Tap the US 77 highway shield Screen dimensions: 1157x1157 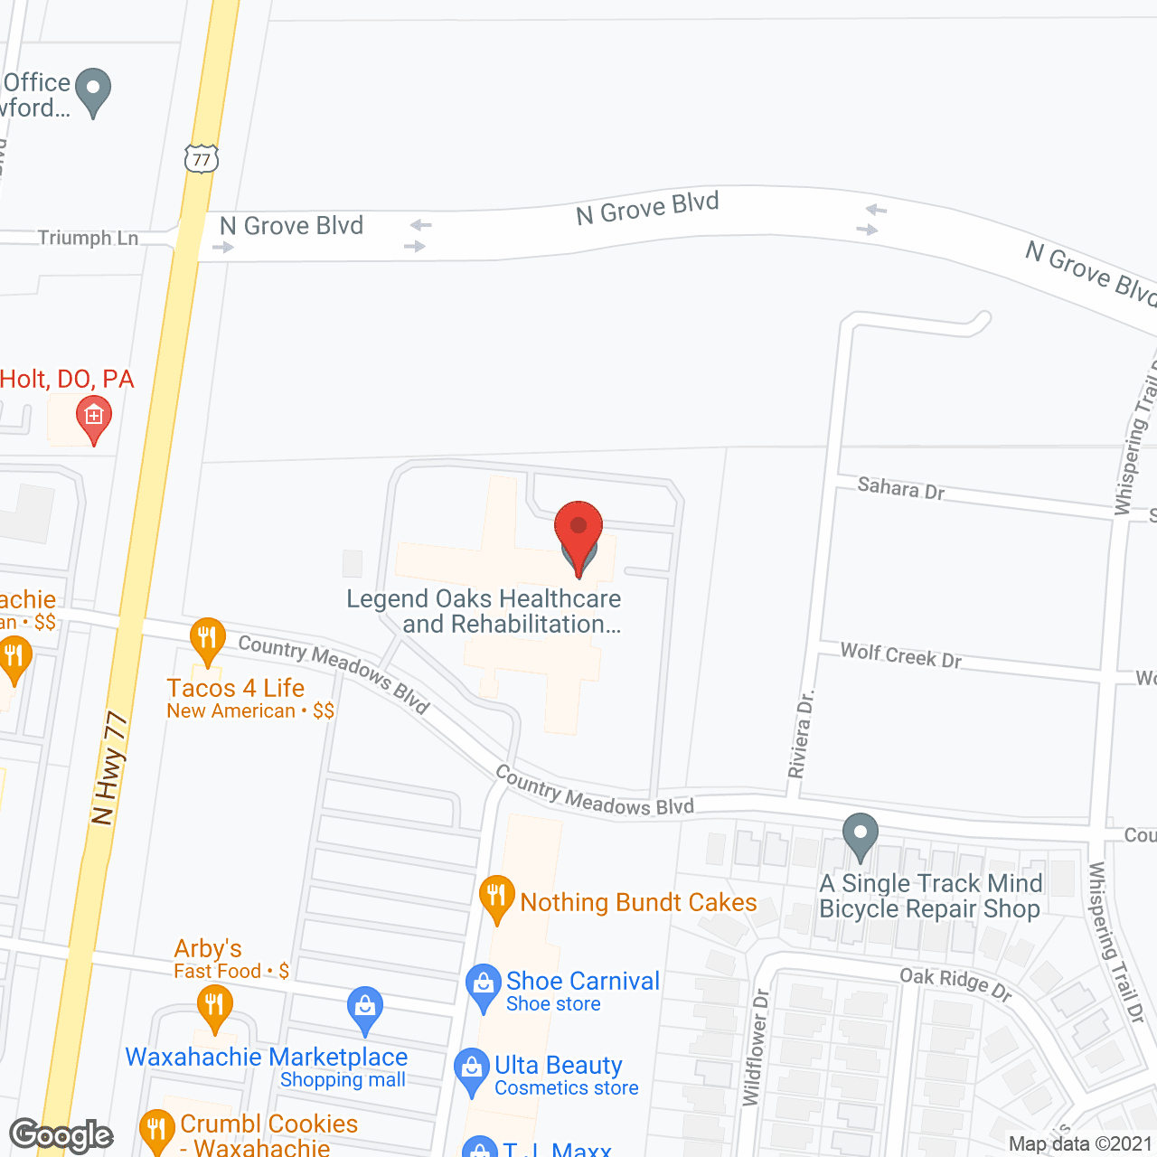click(x=202, y=160)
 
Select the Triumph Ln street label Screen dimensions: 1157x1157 click(x=88, y=238)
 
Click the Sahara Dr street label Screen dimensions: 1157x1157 click(x=900, y=489)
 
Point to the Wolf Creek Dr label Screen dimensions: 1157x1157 click(x=900, y=655)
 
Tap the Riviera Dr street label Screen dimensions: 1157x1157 click(x=801, y=733)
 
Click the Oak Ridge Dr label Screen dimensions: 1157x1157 click(x=955, y=983)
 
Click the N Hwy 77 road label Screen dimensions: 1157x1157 click(x=109, y=767)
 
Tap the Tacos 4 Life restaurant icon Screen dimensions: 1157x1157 click(x=208, y=641)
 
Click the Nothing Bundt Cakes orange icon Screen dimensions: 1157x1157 click(x=496, y=898)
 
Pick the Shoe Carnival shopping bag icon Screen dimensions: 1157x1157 click(x=484, y=987)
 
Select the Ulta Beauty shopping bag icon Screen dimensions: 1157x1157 click(x=472, y=1071)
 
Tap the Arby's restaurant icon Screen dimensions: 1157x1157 click(x=214, y=1007)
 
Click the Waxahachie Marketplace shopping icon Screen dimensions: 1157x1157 click(x=365, y=1009)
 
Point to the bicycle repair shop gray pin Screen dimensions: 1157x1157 click(x=860, y=836)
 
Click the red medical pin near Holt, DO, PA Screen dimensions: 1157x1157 click(x=93, y=419)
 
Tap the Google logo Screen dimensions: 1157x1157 click(x=61, y=1135)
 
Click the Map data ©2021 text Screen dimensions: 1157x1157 click(x=1079, y=1143)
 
